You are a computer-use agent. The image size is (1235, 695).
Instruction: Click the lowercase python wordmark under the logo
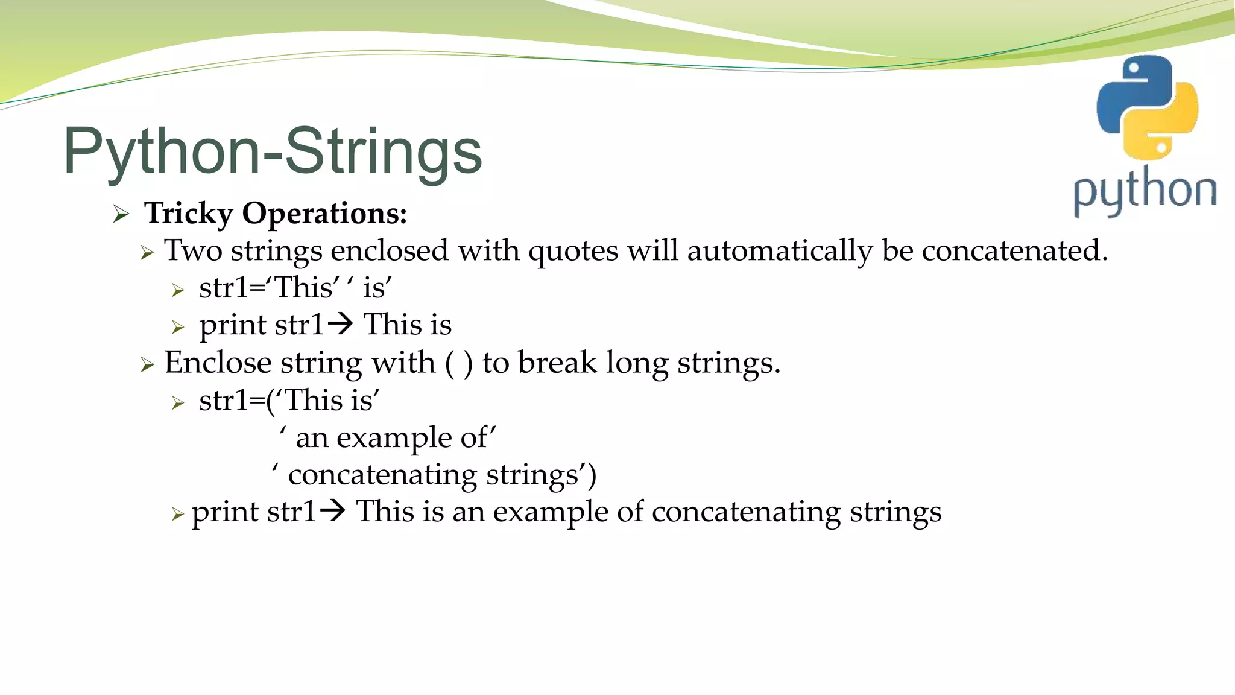[x=1145, y=191]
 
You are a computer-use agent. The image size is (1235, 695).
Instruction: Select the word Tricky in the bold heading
[x=189, y=214]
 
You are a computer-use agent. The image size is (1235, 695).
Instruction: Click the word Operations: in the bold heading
[x=324, y=214]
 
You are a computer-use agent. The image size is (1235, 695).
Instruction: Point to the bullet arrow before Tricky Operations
[x=121, y=214]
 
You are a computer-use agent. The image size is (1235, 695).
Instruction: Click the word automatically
[x=780, y=250]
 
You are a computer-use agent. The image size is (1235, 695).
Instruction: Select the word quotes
[x=573, y=252]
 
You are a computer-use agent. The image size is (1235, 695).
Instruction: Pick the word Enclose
[x=218, y=363]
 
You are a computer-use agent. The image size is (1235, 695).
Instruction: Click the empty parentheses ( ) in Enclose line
[x=458, y=363]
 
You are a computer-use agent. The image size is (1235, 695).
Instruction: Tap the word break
[x=557, y=363]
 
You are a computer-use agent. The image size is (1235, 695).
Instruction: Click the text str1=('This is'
[x=289, y=400]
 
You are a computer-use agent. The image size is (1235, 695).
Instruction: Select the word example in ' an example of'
[x=394, y=439]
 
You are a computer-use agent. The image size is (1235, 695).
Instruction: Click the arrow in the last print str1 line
[x=332, y=512]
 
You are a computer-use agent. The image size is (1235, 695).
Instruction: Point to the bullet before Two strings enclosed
[x=147, y=252]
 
